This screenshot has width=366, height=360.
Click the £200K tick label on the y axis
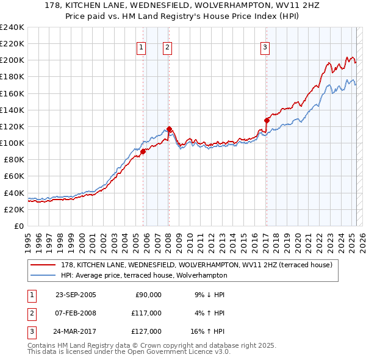(12, 60)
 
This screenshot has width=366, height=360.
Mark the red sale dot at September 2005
(143, 151)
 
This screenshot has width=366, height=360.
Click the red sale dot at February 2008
(169, 129)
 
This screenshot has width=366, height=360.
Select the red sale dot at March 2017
(267, 120)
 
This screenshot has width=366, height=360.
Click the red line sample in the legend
(43, 265)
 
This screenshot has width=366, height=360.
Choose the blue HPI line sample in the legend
(43, 275)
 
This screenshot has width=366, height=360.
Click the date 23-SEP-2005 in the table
(76, 295)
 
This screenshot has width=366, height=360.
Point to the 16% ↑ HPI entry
(209, 331)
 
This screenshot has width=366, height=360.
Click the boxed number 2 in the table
(30, 313)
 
